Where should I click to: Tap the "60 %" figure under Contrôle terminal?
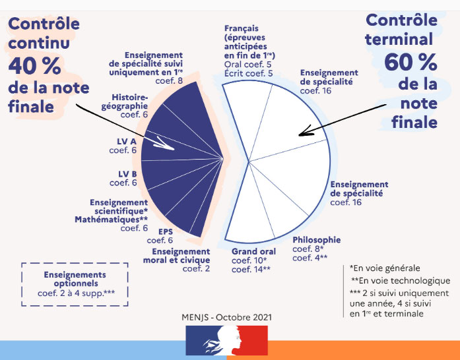410,63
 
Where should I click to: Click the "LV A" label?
123,146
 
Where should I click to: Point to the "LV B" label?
123,178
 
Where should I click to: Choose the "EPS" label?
165,235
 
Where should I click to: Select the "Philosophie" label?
316,240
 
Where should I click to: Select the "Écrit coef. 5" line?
249,74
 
